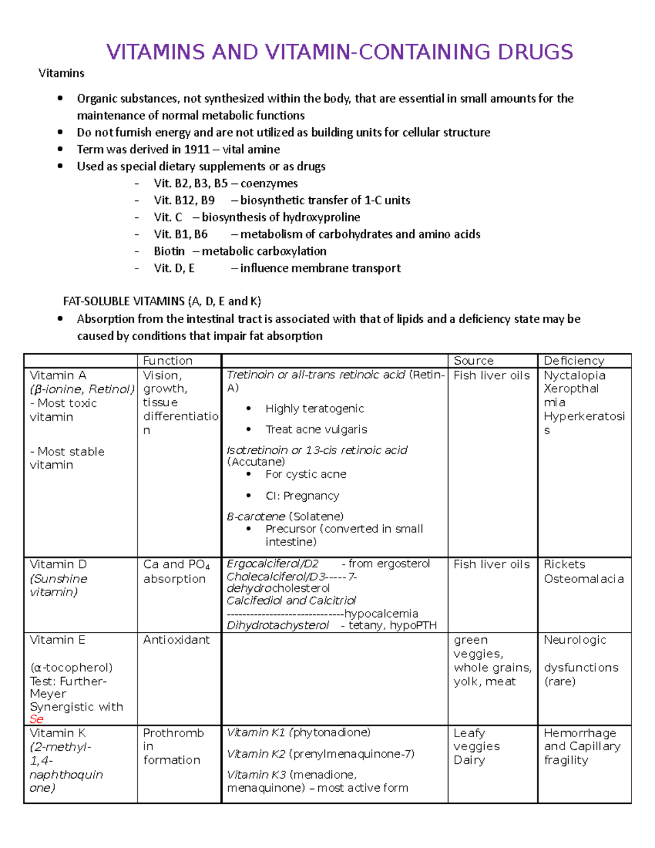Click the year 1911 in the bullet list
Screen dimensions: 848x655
(x=196, y=150)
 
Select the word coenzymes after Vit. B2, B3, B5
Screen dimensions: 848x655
(x=269, y=183)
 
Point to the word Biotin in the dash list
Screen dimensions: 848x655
(x=169, y=251)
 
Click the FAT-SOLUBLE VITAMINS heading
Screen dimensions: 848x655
(x=124, y=301)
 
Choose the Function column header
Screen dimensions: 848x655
(x=168, y=361)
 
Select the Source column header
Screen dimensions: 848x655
(x=473, y=361)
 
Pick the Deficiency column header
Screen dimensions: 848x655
(x=574, y=361)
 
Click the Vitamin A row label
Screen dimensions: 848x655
(x=58, y=376)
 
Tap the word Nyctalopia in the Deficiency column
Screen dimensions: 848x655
(x=574, y=376)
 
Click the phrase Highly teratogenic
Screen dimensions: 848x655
(x=314, y=409)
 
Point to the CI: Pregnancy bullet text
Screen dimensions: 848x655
(x=302, y=496)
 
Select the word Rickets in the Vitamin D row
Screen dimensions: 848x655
(x=564, y=565)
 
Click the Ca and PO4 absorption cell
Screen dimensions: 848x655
(x=176, y=571)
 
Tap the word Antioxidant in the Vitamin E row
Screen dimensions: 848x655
(x=176, y=640)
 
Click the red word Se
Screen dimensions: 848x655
(x=37, y=719)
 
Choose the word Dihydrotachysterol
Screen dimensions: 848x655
(x=277, y=626)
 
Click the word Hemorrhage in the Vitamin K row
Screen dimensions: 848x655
(x=580, y=733)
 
